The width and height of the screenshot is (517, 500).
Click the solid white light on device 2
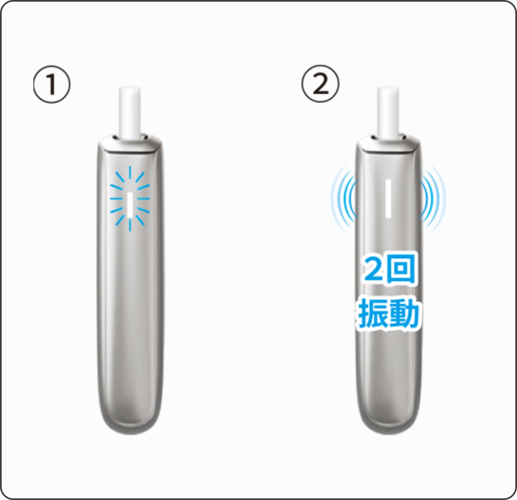[x=389, y=198]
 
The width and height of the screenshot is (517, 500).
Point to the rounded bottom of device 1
[x=130, y=421]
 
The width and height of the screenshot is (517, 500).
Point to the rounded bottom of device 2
[x=389, y=421]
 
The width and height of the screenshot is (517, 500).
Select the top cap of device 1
[x=130, y=144]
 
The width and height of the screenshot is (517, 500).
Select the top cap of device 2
[x=389, y=144]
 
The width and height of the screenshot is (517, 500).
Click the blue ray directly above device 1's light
[x=130, y=172]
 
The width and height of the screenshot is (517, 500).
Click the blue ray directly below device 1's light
[x=130, y=225]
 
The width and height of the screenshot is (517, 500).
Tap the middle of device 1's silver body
[x=130, y=292]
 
